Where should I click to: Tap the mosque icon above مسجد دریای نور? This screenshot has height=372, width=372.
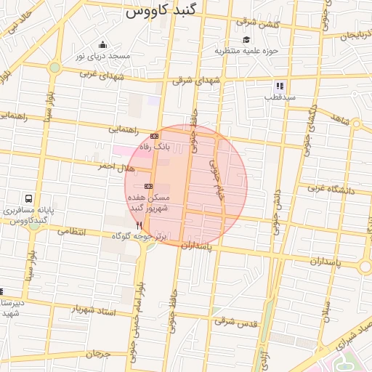pyautogui.click(x=102, y=45)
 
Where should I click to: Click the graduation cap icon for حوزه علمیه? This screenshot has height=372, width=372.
pyautogui.click(x=246, y=40)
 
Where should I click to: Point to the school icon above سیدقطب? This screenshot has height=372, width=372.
pyautogui.click(x=279, y=86)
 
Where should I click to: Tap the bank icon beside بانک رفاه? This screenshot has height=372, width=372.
pyautogui.click(x=154, y=136)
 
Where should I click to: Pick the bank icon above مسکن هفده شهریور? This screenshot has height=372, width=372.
pyautogui.click(x=148, y=186)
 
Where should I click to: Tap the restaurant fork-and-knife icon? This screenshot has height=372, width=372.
pyautogui.click(x=138, y=226)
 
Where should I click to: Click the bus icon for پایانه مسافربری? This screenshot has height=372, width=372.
pyautogui.click(x=28, y=198)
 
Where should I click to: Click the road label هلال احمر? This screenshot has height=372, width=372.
pyautogui.click(x=116, y=167)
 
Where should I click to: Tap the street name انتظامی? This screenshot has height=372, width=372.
pyautogui.click(x=71, y=232)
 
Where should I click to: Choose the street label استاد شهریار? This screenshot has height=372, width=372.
pyautogui.click(x=93, y=310)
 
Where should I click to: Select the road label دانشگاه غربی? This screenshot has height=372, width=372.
pyautogui.click(x=329, y=190)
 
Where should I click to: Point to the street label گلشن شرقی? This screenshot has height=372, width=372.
pyautogui.click(x=257, y=25)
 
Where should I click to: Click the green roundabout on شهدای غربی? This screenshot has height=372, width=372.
pyautogui.click(x=54, y=68)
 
